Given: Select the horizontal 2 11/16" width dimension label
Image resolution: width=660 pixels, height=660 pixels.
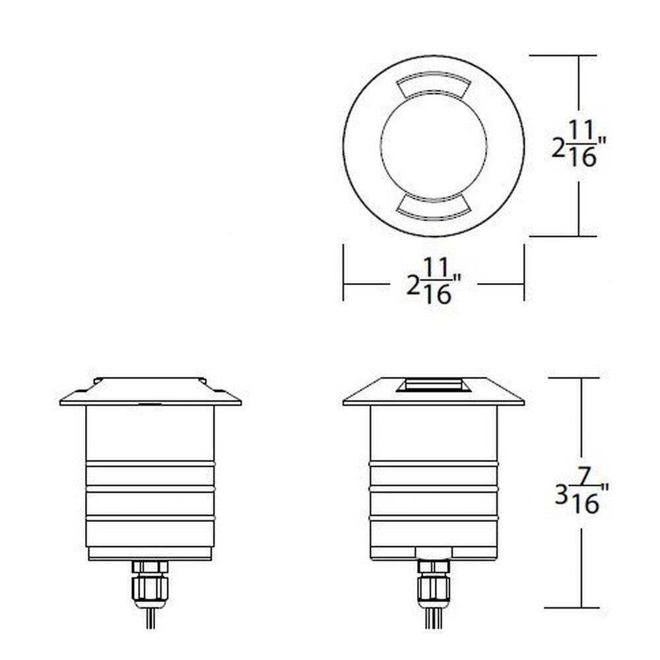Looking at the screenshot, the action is click(x=434, y=281).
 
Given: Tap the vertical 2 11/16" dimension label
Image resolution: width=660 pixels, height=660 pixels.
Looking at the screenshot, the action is click(x=579, y=144).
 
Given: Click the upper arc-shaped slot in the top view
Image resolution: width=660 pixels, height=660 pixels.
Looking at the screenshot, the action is click(x=434, y=85).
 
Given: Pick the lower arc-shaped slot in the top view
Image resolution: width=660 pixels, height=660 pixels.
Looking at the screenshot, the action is click(x=434, y=207).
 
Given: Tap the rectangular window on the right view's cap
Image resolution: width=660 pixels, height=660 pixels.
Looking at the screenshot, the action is click(x=434, y=385).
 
